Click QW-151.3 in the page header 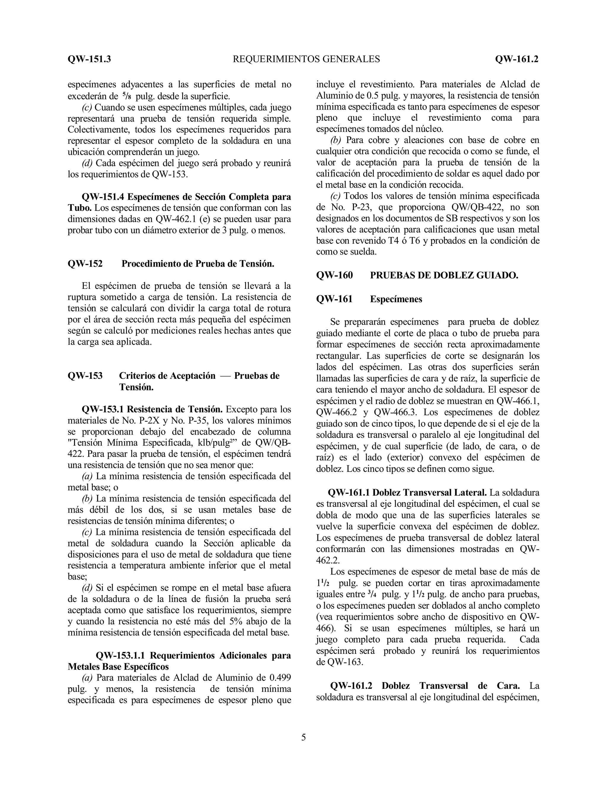click(x=89, y=59)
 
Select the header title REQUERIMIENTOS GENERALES click(x=306, y=59)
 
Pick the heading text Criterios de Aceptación click(x=167, y=376)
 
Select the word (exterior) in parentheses click(x=404, y=458)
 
